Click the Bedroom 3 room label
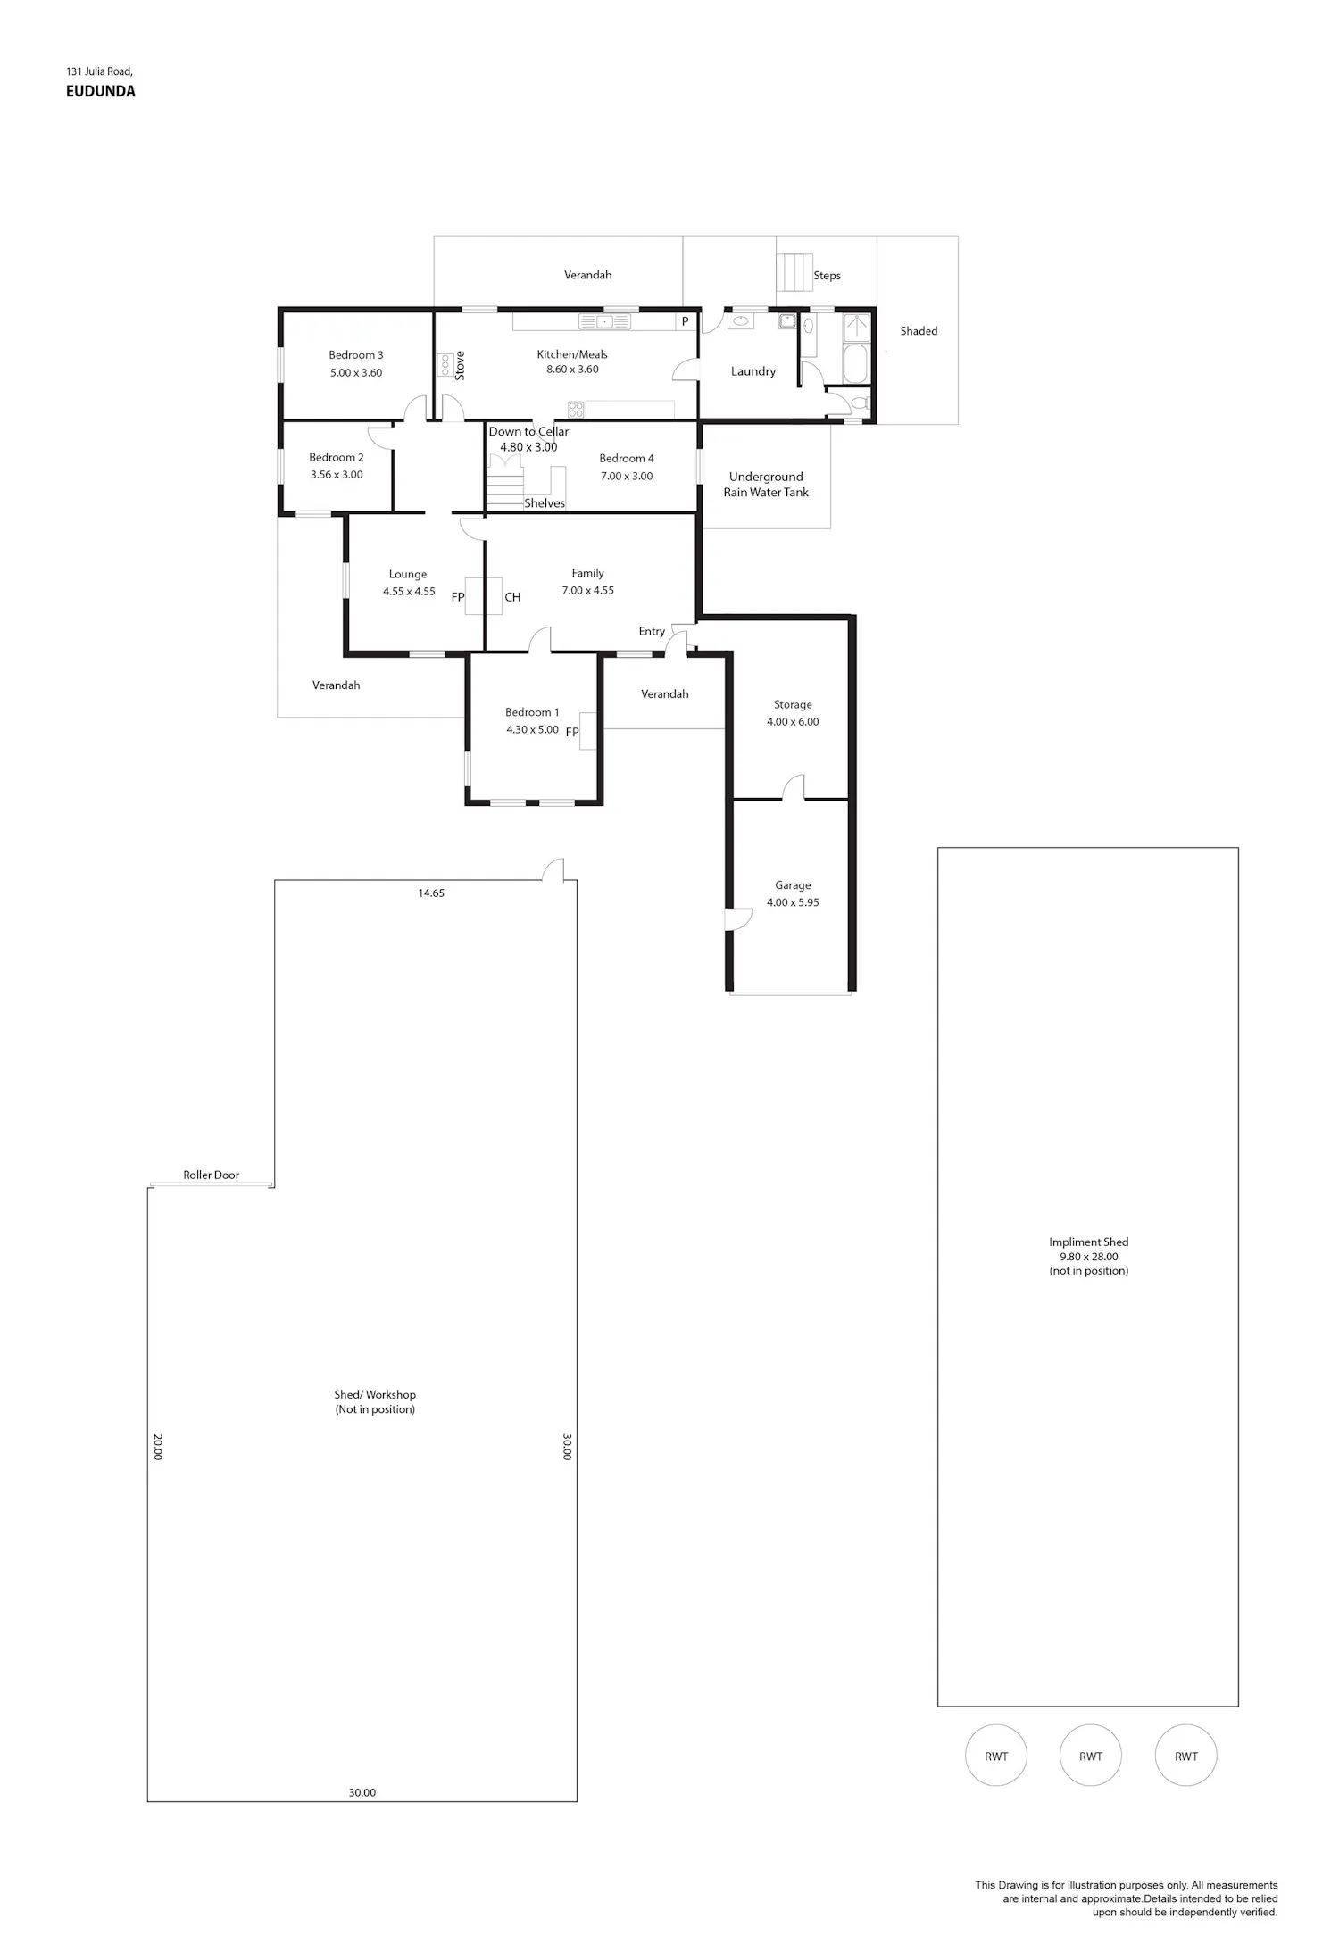355,355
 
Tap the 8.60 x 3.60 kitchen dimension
572,370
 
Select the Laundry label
753,371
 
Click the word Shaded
919,331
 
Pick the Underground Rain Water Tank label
766,485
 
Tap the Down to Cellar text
528,431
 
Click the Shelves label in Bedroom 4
545,503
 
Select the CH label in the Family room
512,597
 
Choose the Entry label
652,631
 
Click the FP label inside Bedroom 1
572,732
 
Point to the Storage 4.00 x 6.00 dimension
793,722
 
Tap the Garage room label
793,885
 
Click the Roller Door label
212,1175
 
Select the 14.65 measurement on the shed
431,893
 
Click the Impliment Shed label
1089,1242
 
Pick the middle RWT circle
1091,1755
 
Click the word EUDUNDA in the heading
101,91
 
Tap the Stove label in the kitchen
460,366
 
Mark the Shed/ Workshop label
375,1394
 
